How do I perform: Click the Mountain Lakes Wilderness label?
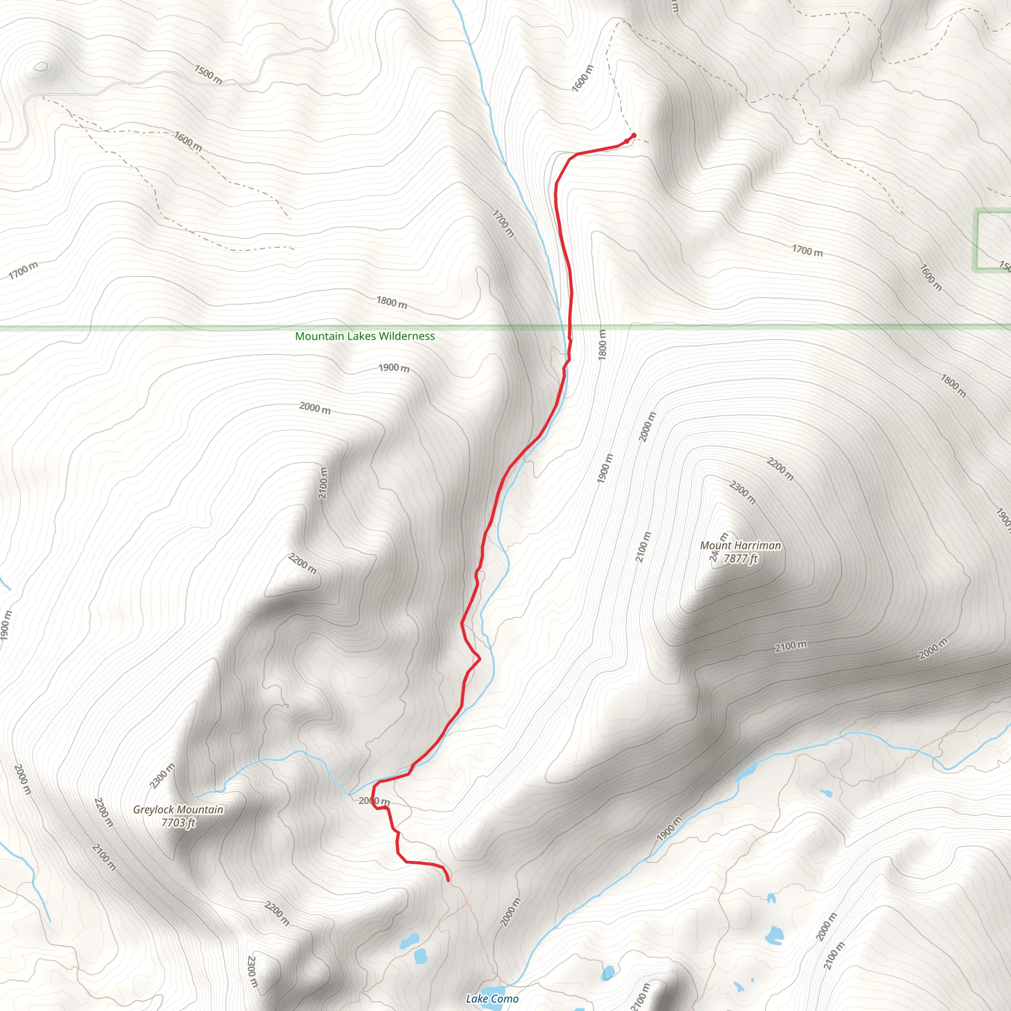(x=365, y=336)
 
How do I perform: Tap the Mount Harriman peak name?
(x=740, y=545)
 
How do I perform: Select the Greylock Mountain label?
(x=178, y=810)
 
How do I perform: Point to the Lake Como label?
(x=492, y=999)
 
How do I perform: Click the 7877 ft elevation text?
(x=740, y=558)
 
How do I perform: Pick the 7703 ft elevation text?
(x=178, y=822)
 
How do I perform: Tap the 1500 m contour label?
(x=208, y=74)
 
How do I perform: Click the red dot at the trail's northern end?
(x=634, y=136)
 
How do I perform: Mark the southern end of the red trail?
(x=448, y=881)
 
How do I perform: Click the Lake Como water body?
(x=492, y=991)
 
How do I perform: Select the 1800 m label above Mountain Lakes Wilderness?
(x=391, y=302)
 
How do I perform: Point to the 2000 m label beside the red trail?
(x=374, y=801)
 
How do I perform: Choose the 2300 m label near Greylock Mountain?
(x=162, y=776)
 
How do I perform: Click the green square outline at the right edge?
(x=992, y=241)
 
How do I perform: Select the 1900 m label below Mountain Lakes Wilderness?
(x=393, y=368)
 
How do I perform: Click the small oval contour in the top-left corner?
(x=40, y=67)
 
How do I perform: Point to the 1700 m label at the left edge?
(x=24, y=270)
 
